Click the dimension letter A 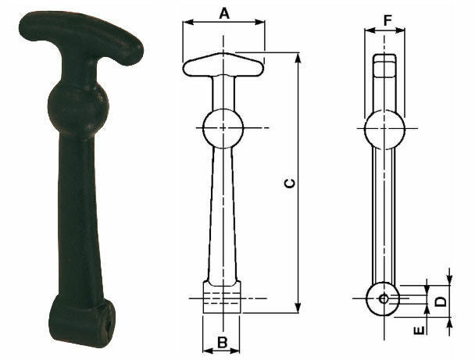click(224, 13)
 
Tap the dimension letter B click(222, 343)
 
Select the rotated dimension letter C click(290, 184)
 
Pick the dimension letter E click(420, 330)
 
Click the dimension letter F click(387, 20)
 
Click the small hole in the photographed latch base click(109, 326)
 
